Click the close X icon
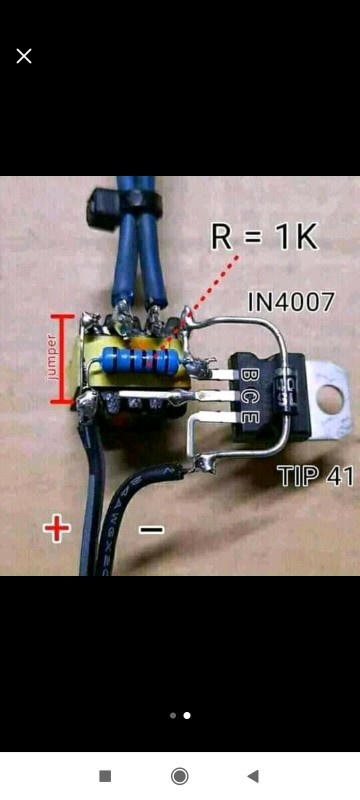[x=24, y=56]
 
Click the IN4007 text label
[x=290, y=301]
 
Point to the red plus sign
[x=57, y=528]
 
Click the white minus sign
[x=150, y=529]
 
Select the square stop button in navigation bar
[x=105, y=776]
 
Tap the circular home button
[x=180, y=776]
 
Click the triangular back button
[x=253, y=776]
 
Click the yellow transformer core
[x=95, y=360]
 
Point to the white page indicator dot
[x=187, y=716]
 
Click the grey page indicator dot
[x=173, y=716]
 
